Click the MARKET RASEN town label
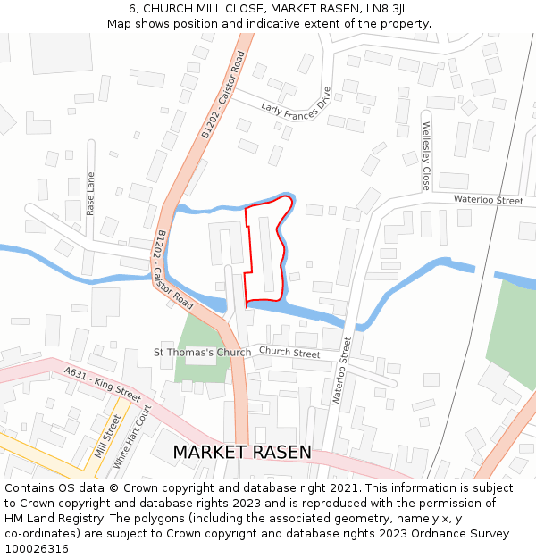click(242, 453)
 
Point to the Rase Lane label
click(91, 194)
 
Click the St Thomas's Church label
click(203, 352)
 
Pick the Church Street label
click(289, 353)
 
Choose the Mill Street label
click(108, 437)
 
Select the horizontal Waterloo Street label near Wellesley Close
click(488, 201)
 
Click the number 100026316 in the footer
click(37, 548)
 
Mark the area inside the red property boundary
click(265, 254)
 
